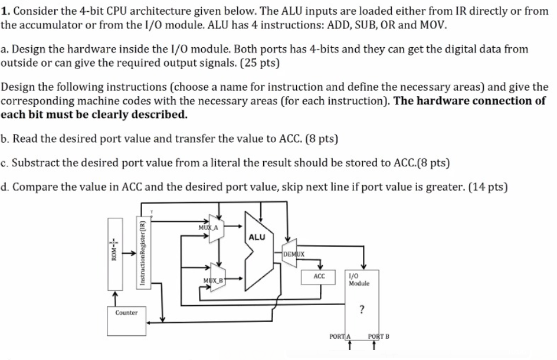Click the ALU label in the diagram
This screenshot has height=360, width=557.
point(257,237)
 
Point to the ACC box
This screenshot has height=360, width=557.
point(319,276)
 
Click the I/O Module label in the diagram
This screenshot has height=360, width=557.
point(359,280)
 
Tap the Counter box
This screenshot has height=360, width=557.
point(126,313)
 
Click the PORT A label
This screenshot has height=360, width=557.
point(340,337)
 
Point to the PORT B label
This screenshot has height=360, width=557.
point(378,337)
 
